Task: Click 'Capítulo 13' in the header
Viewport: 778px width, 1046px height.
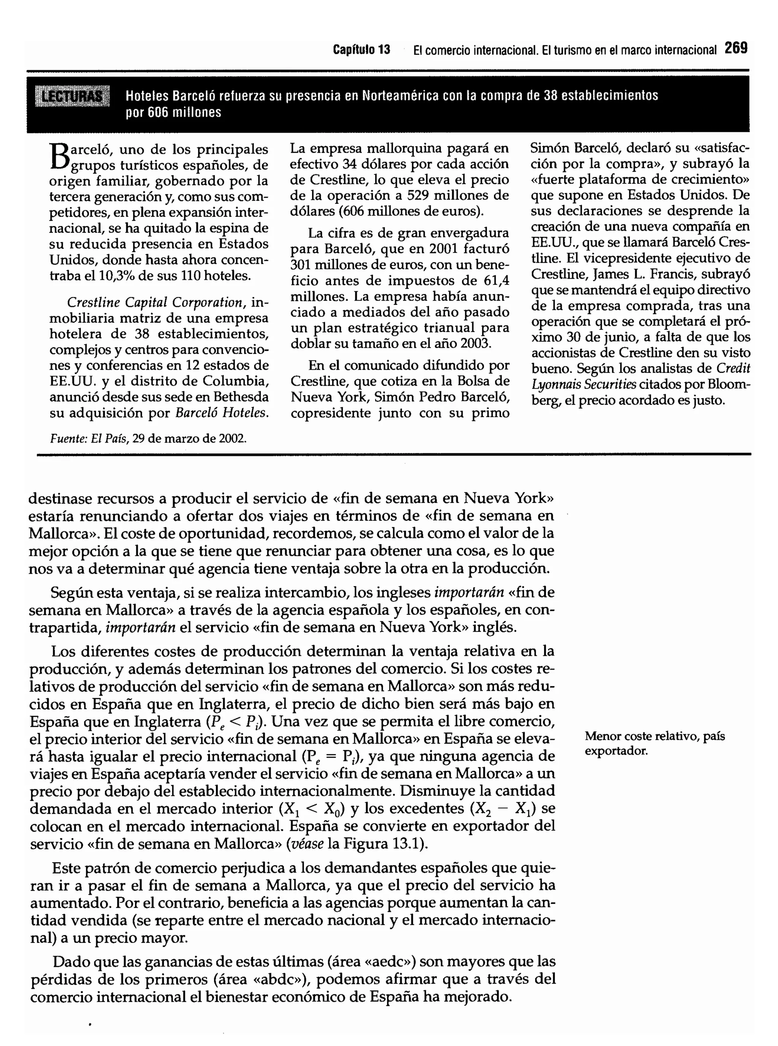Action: pos(361,49)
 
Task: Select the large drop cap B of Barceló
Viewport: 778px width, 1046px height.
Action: pos(59,158)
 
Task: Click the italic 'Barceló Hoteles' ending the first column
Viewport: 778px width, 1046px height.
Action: pos(222,413)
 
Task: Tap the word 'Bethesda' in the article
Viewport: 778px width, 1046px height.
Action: pos(240,397)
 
